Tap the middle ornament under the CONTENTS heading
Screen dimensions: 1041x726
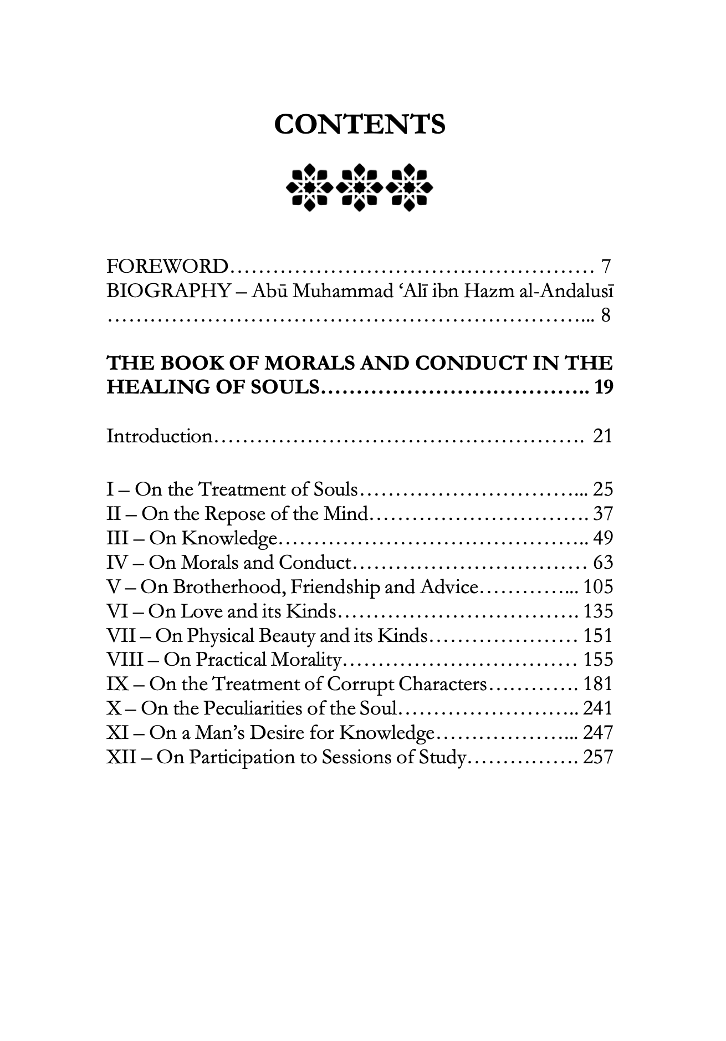click(x=360, y=187)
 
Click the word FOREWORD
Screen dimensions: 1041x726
click(x=167, y=267)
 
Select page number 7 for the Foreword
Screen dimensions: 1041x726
click(x=606, y=267)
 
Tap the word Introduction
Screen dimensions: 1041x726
click(x=160, y=436)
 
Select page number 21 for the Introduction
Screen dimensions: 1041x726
click(x=603, y=436)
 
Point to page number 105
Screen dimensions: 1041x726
click(x=599, y=586)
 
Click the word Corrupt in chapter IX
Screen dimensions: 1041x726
click(x=361, y=684)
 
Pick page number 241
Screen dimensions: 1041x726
click(x=599, y=708)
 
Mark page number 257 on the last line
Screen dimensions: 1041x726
click(x=599, y=757)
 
